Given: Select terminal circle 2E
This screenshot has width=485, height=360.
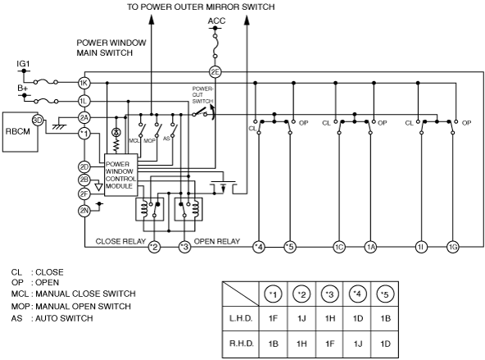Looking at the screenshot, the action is (215, 72).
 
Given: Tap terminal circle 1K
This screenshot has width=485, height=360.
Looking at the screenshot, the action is (84, 83).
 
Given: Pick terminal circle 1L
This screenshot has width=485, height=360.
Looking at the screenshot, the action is (84, 101).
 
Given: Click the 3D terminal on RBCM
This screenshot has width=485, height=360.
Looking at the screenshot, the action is (38, 121).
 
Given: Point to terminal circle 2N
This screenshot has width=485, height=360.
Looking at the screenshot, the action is (84, 211).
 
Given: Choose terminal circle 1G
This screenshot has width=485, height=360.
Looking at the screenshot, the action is (452, 247).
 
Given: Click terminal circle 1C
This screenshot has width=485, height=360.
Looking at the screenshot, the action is (339, 247).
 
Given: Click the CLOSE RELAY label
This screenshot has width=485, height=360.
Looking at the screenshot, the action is (120, 241).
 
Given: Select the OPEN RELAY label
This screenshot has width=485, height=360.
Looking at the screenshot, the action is (217, 241).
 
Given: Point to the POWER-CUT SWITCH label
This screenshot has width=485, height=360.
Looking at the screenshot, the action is (202, 95).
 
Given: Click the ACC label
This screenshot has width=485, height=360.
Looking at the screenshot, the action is (216, 21).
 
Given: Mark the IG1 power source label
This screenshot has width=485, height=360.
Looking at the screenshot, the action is (23, 64).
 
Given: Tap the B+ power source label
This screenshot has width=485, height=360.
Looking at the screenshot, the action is (23, 89).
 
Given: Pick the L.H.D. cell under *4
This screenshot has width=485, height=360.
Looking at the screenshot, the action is (358, 318).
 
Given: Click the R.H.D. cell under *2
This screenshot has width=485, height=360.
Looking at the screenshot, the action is (301, 344).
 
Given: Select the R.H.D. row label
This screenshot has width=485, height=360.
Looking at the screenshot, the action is (242, 344).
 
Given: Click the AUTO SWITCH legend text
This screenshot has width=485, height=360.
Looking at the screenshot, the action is (64, 318).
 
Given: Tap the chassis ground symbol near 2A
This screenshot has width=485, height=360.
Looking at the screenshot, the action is (59, 126).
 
